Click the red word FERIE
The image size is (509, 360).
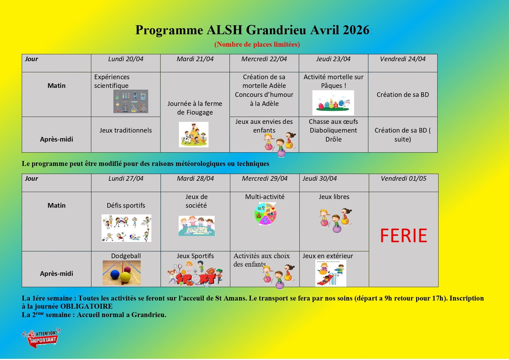tap(403, 236)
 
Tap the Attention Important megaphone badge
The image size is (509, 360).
tap(41, 338)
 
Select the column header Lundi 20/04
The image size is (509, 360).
tap(126, 59)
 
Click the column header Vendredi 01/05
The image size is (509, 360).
tap(403, 179)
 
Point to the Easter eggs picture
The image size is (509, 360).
tap(333, 103)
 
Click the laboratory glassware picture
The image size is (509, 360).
tap(131, 101)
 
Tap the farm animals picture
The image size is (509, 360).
tap(194, 135)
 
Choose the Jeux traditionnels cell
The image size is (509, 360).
tap(126, 131)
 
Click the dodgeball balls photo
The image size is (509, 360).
tap(122, 273)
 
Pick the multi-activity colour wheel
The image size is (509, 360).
tap(265, 214)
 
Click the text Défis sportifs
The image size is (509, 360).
tap(126, 206)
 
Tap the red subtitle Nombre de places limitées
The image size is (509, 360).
tap(257, 45)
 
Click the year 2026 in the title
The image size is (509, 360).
tap(356, 30)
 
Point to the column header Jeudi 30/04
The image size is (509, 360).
tap(320, 179)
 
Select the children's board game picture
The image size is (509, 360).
tap(196, 226)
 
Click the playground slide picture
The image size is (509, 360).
tap(331, 273)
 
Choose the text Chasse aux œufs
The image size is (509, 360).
tap(333, 122)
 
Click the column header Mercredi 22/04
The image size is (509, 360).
tap(264, 59)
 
